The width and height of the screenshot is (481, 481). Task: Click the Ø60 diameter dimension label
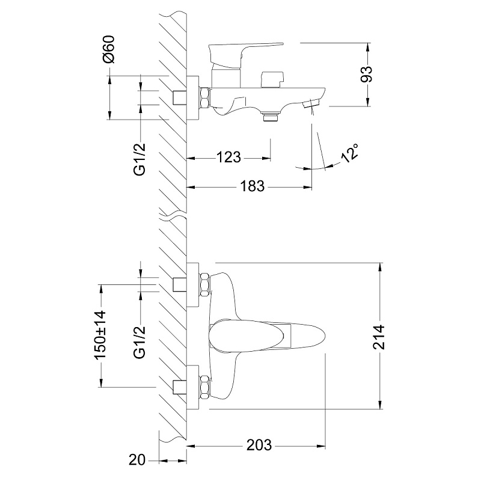click(x=109, y=49)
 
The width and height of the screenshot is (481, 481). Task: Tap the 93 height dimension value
click(x=366, y=74)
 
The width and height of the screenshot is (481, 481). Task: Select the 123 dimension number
click(x=228, y=158)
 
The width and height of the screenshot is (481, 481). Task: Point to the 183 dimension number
click(x=252, y=186)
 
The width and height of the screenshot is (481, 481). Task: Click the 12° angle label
click(x=350, y=153)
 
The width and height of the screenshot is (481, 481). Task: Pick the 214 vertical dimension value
click(x=379, y=337)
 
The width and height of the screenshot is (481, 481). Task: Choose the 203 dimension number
click(x=259, y=445)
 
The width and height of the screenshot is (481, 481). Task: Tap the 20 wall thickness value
click(x=137, y=460)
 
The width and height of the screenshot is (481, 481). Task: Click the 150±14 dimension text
click(x=100, y=335)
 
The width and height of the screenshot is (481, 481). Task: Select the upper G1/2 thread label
click(x=139, y=159)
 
